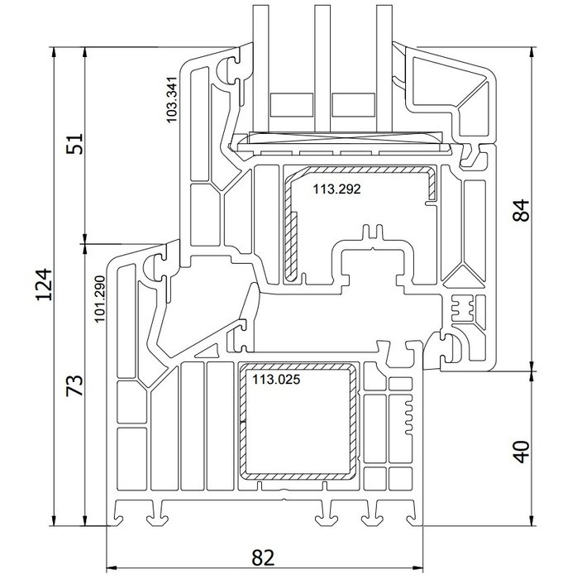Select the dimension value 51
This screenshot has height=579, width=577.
pos(75,145)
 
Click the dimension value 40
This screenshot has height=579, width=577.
pos(520,452)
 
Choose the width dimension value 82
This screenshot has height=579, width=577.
pos(263,558)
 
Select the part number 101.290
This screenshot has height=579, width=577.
pos(100,298)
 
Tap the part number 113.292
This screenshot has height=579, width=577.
pos(336,188)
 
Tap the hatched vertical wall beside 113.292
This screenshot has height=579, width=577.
pos(292,244)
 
